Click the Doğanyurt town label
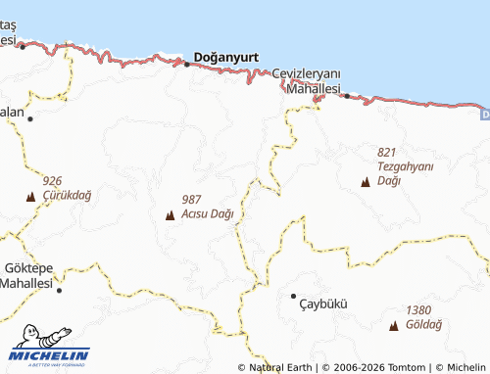coord(226,58)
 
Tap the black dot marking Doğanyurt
coord(187,65)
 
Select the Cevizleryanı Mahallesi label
coord(306,81)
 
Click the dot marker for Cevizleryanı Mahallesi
coord(347,96)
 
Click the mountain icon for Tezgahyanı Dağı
coord(367,181)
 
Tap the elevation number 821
coord(385,152)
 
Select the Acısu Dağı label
coord(208,214)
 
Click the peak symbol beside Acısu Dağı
coord(171,214)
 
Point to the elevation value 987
coord(192,200)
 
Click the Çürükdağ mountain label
coord(67,195)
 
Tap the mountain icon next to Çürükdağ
coord(30,196)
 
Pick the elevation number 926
coord(52,181)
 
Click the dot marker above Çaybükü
coord(293,295)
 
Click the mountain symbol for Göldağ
coord(394,325)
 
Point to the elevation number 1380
coord(417,309)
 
